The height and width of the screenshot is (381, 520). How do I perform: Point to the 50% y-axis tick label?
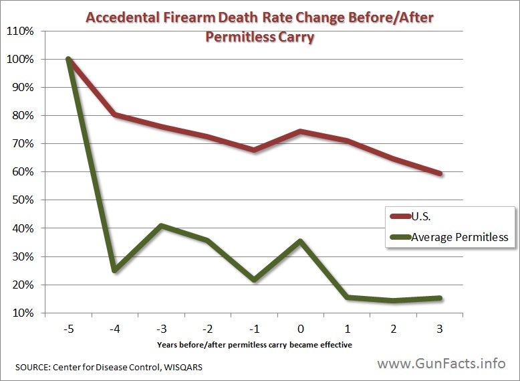[x=22, y=200]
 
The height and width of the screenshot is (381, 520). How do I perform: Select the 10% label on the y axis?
[x=22, y=313]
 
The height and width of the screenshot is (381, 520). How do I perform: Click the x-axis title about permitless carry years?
[x=254, y=345]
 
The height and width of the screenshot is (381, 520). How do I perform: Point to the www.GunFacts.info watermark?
[x=441, y=364]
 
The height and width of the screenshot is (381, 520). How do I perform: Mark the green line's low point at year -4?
[x=115, y=270]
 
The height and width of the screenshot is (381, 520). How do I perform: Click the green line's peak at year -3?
[x=161, y=226]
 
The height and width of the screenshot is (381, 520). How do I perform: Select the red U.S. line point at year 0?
[x=301, y=131]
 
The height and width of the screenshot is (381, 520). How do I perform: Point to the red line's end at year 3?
[x=440, y=173]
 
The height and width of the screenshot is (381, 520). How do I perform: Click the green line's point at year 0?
[x=301, y=241]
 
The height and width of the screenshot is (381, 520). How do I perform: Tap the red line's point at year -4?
[x=115, y=115]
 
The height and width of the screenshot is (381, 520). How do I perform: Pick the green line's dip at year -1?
[x=254, y=279]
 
